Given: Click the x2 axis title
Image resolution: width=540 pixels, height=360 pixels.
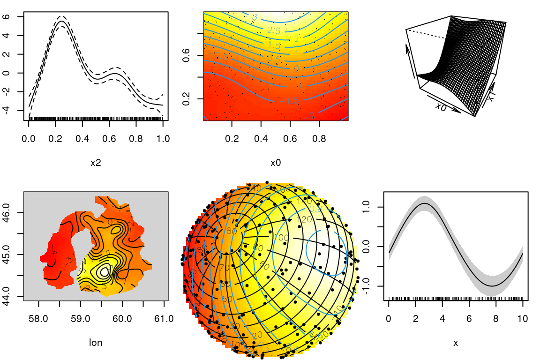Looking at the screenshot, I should click(96, 163).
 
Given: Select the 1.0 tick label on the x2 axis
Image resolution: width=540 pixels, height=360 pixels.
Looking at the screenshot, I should click(163, 139).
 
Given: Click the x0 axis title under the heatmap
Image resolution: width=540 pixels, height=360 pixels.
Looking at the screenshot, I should click(276, 163).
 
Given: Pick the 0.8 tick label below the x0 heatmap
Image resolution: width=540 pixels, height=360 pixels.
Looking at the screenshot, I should click(319, 139).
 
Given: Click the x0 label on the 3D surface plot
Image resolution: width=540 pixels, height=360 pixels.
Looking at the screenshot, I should click(441, 106).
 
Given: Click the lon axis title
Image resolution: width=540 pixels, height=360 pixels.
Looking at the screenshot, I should click(96, 343).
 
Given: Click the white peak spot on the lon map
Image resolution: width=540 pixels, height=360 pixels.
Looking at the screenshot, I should click(105, 271).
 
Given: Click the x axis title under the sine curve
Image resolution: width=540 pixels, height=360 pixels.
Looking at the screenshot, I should click(456, 343).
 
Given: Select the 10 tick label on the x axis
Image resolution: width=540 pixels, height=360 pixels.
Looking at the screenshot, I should click(522, 319).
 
